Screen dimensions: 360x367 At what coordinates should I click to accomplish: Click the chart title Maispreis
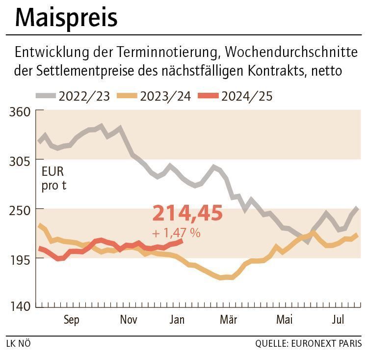click(x=66, y=17)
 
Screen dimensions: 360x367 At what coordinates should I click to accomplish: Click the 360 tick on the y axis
click(x=20, y=111)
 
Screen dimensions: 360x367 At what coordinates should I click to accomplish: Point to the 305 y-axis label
click(x=20, y=161)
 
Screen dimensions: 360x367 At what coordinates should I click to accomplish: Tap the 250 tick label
click(x=20, y=209)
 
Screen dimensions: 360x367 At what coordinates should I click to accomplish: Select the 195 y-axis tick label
click(x=20, y=258)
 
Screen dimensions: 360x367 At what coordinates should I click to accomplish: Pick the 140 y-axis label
click(x=20, y=306)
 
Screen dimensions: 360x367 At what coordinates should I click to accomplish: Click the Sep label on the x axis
click(x=71, y=320)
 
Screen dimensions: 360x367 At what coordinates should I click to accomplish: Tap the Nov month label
click(x=129, y=320)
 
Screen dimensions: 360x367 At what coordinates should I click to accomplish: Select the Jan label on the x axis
click(x=177, y=320)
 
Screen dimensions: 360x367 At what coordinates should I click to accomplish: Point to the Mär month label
click(x=228, y=320)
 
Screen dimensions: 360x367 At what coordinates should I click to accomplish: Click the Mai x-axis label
click(x=284, y=320)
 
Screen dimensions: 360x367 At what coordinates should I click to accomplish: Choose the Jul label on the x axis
click(x=338, y=320)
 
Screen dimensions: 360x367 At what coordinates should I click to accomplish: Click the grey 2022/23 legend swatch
click(x=45, y=96)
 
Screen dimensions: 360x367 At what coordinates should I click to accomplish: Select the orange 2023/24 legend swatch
click(x=127, y=96)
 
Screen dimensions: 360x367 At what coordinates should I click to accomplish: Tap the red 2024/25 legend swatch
click(x=208, y=96)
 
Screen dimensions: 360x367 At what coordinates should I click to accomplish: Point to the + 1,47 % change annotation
click(x=177, y=233)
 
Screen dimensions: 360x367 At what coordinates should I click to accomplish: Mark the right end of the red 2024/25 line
click(x=182, y=240)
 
